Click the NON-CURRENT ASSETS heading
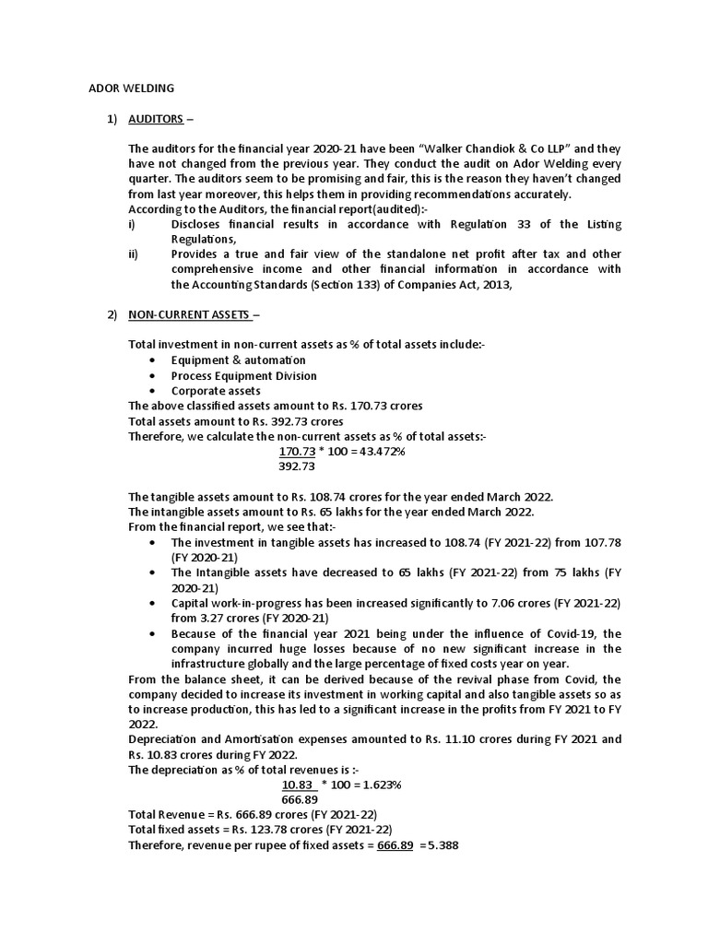coord(189,314)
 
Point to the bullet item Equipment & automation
coord(238,360)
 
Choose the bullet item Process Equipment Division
coord(243,375)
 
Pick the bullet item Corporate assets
coord(215,390)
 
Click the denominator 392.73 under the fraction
coord(297,466)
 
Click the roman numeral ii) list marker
coord(134,254)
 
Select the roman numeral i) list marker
coord(132,224)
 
